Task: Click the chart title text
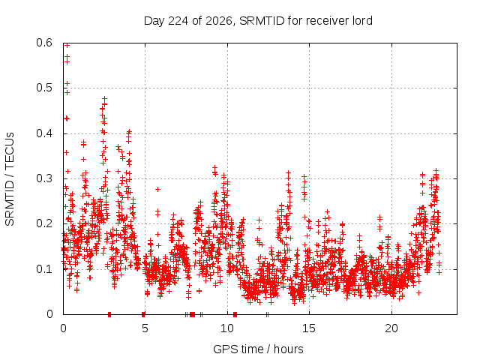point(258,21)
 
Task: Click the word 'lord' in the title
point(363,20)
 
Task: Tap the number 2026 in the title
point(218,21)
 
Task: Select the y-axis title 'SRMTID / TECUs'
point(10,179)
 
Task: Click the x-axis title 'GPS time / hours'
point(258,349)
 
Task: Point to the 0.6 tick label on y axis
point(44,43)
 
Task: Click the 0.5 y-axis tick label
point(44,88)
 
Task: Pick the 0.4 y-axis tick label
point(44,133)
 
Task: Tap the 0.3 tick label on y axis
point(44,178)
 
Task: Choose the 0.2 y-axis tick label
point(44,223)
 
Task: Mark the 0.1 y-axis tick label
point(44,269)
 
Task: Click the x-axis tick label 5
point(145,328)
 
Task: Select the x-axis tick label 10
point(227,328)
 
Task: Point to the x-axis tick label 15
point(309,328)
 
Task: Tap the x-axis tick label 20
point(391,328)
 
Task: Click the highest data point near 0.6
point(67,45)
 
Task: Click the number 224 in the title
point(178,20)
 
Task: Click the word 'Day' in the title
point(154,21)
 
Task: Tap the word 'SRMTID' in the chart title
point(262,20)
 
